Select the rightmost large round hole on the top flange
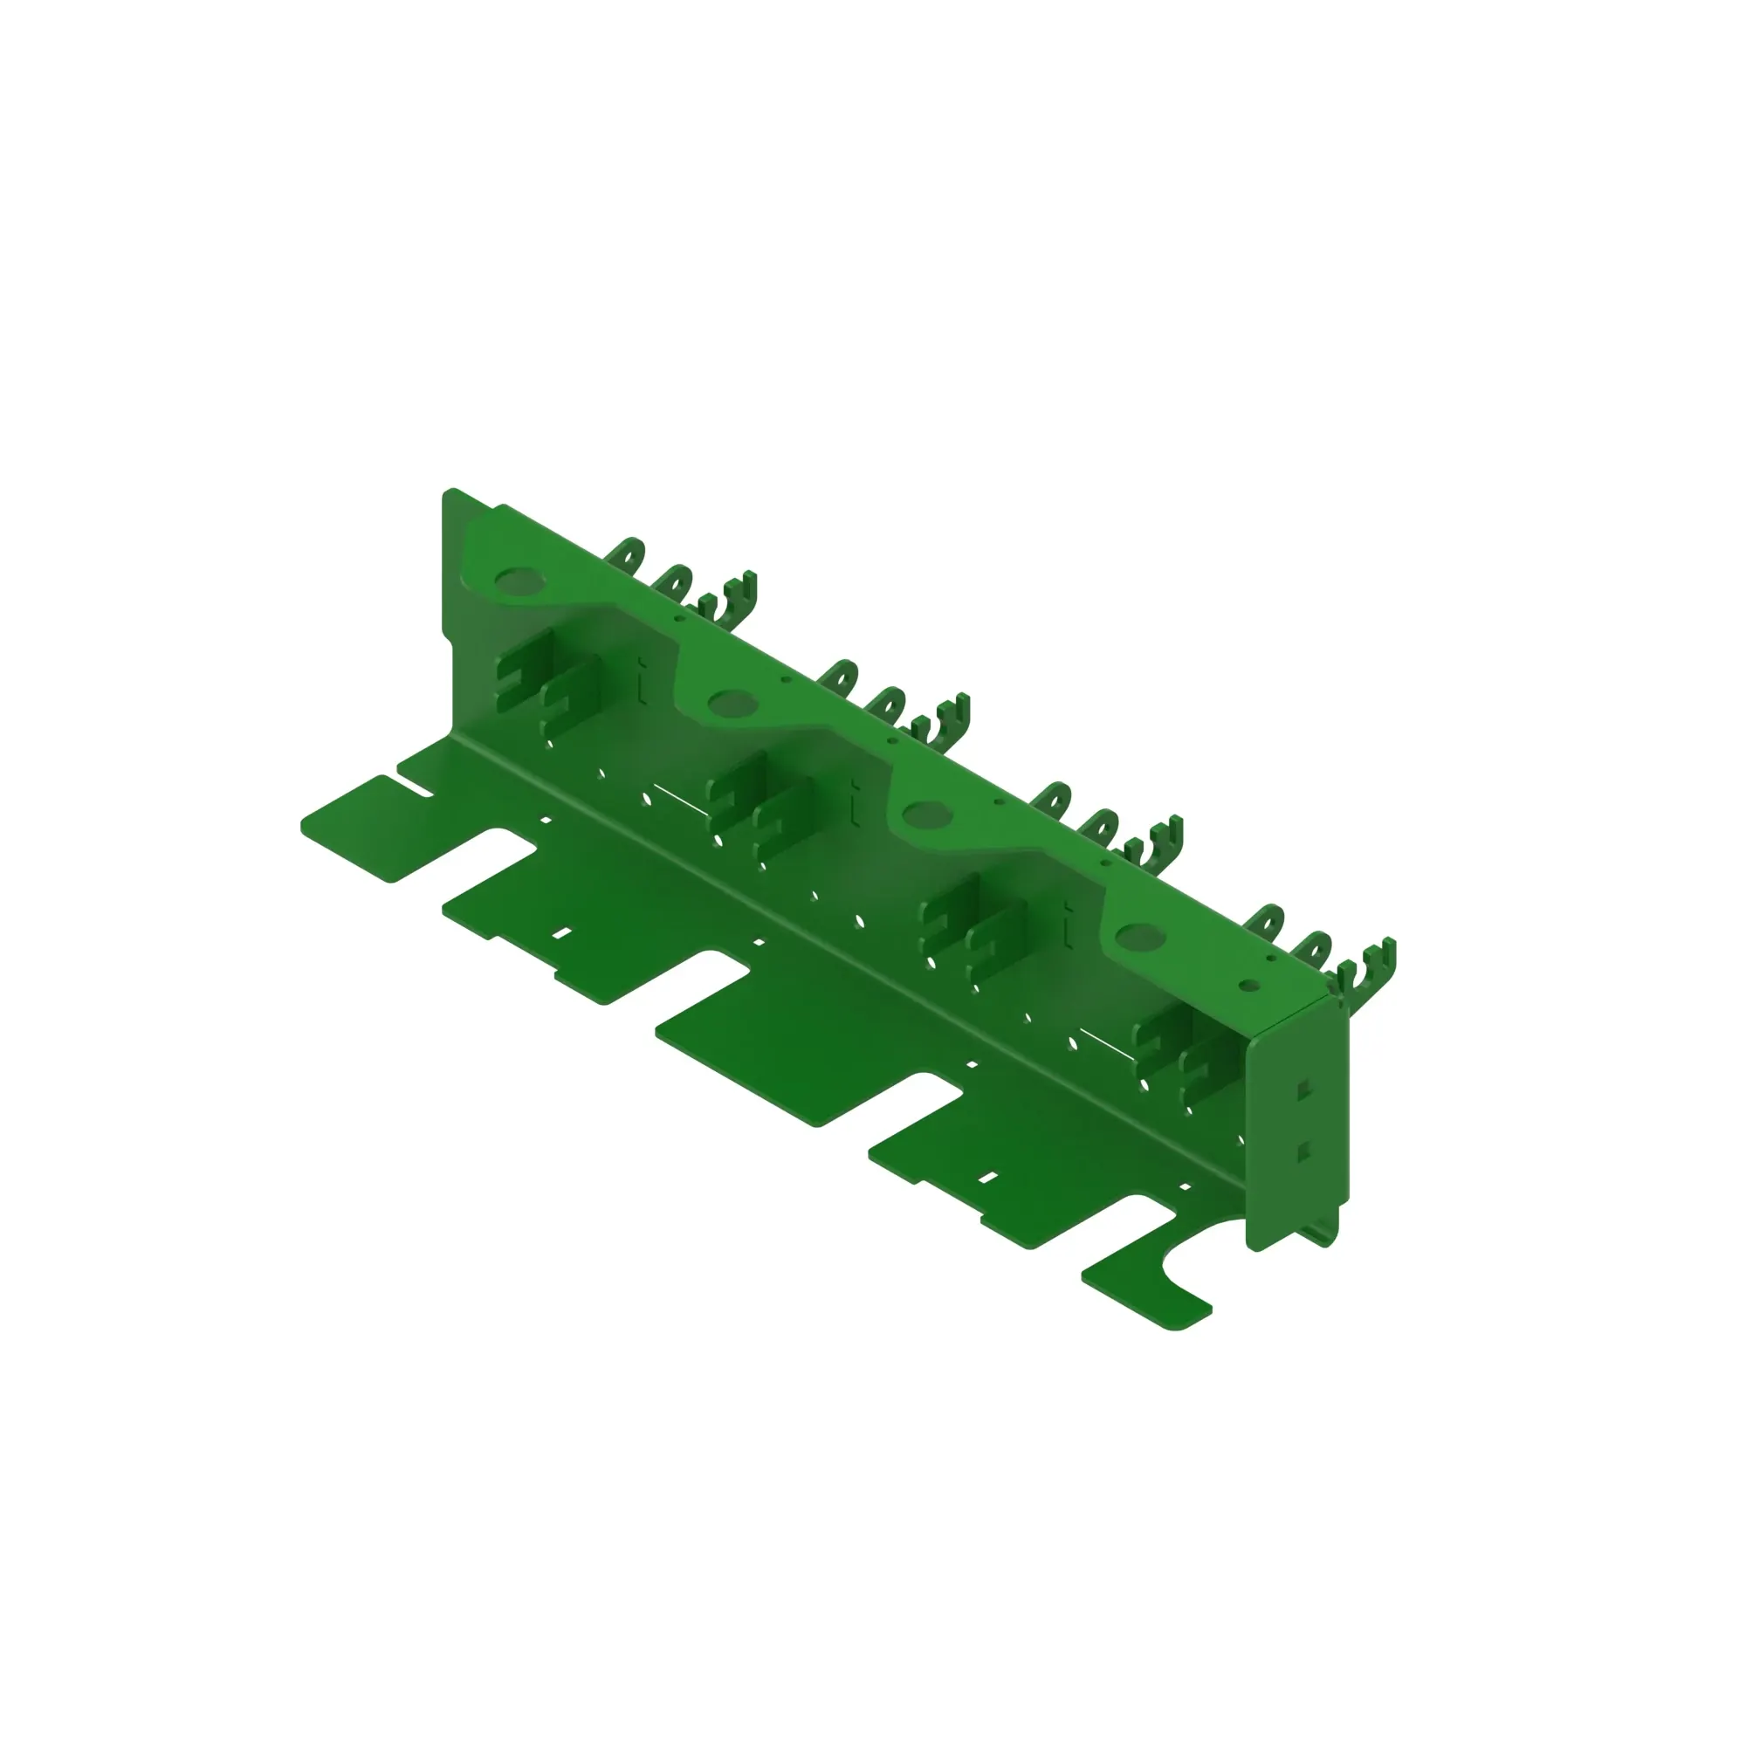pos(1139,937)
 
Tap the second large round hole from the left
pos(732,701)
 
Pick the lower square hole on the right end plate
pos(1303,1151)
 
